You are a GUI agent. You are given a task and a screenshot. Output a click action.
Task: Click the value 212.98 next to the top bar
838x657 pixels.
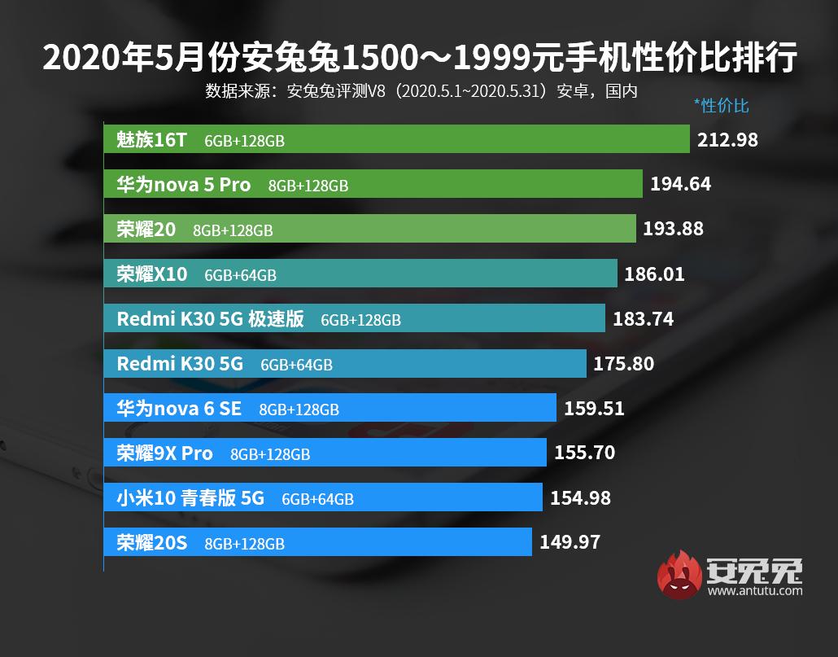(727, 140)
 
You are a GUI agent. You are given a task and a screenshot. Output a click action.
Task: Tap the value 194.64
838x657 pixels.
(680, 184)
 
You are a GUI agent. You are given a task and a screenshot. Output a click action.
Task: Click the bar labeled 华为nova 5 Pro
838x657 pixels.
(373, 184)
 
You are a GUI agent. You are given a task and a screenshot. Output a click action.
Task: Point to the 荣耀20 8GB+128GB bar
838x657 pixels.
(369, 229)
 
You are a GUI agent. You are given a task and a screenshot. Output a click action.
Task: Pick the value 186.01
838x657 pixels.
(654, 274)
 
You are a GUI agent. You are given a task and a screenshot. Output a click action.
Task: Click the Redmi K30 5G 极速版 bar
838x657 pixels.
(354, 318)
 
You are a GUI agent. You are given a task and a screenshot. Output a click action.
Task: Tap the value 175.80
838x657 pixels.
(623, 364)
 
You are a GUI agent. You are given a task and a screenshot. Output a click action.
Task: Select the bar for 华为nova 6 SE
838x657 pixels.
(330, 408)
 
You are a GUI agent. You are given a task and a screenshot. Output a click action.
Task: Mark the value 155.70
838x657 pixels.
(584, 453)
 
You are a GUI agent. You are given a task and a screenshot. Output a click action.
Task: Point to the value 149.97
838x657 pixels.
(570, 541)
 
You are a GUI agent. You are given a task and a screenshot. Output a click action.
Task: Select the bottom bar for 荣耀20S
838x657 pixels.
(317, 541)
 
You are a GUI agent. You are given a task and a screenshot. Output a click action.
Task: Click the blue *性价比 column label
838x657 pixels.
(721, 106)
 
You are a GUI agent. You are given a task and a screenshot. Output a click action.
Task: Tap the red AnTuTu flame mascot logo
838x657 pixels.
(679, 576)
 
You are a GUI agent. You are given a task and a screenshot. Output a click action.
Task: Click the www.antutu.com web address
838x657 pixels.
(755, 591)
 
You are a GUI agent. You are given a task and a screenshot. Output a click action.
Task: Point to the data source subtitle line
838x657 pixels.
(420, 90)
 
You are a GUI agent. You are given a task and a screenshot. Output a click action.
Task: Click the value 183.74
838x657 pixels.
(643, 319)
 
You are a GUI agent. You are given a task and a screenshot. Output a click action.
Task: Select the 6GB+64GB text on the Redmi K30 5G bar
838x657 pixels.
(296, 365)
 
